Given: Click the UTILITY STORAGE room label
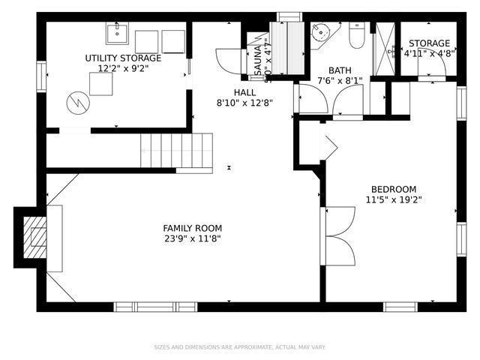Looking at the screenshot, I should click(x=122, y=58).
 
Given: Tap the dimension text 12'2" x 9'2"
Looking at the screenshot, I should click(x=122, y=68).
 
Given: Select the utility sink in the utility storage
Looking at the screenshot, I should click(x=117, y=34).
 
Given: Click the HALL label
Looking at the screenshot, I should click(x=239, y=92).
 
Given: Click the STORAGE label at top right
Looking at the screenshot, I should click(x=429, y=43).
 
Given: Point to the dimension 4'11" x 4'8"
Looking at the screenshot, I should click(x=428, y=54).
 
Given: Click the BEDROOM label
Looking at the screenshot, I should click(x=394, y=189).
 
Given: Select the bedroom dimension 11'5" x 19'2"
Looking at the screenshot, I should click(x=394, y=199).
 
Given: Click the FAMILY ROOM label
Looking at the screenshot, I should click(x=193, y=228).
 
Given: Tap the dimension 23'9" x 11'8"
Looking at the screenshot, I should click(x=193, y=238).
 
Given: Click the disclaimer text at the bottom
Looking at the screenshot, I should click(x=240, y=347).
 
